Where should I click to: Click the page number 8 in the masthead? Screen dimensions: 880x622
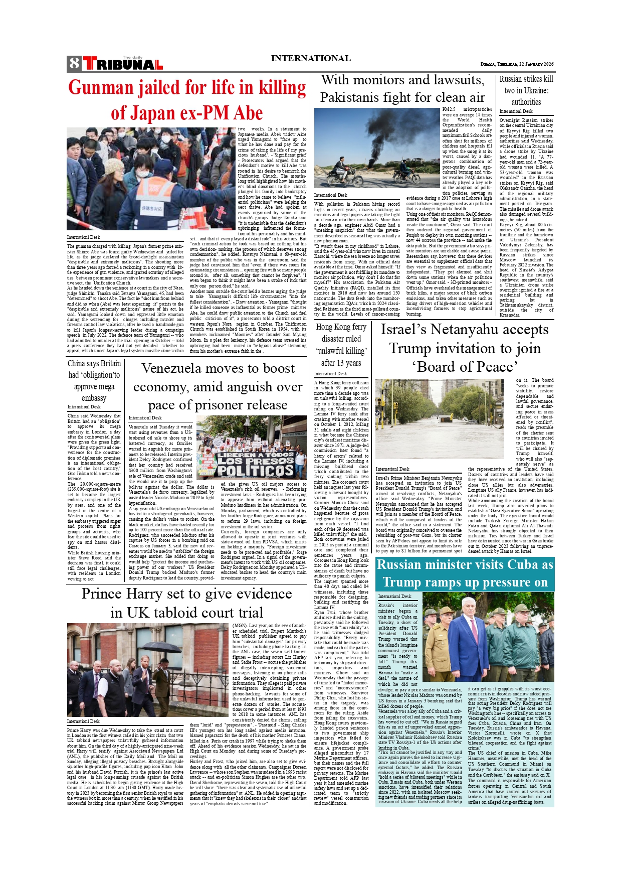74,63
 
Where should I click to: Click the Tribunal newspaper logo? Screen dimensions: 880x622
123,64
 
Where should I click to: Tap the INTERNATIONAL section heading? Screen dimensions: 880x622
310,58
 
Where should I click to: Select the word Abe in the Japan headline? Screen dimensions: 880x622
248,113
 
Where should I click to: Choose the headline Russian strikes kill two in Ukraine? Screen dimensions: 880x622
526,90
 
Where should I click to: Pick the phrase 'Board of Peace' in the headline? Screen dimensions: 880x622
465,367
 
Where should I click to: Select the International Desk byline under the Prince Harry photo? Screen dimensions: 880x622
83,721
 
